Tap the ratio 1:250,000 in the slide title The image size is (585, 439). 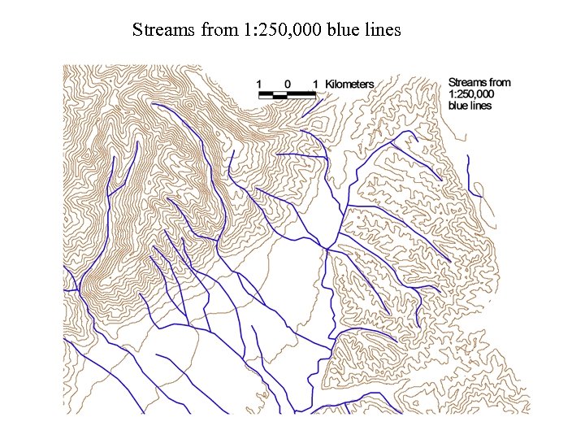276,31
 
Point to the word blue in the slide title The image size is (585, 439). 343,31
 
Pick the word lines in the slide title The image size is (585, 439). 383,31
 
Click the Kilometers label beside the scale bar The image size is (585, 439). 349,84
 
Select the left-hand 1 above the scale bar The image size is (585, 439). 259,84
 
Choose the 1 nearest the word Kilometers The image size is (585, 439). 315,84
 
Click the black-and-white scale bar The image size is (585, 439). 287,95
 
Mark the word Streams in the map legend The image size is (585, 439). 468,82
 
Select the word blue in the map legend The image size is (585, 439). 458,106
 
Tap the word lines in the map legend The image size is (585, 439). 482,106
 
